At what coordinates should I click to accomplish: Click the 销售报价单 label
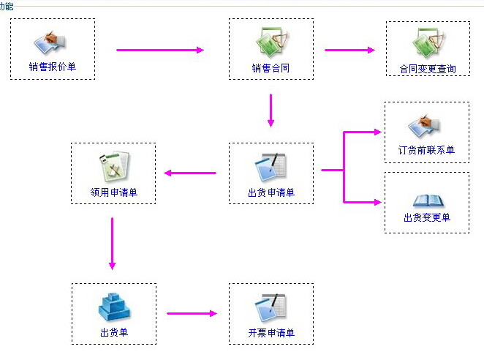[x=53, y=67]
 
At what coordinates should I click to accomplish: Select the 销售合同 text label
[x=271, y=69]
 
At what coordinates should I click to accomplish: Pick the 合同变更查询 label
[x=428, y=70]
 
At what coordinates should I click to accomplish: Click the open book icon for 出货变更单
[x=427, y=200]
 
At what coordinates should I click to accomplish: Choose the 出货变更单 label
[x=427, y=217]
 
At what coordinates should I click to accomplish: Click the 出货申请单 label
[x=271, y=192]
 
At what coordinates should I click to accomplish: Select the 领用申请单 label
[x=113, y=193]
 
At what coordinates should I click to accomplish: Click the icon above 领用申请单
[x=114, y=166]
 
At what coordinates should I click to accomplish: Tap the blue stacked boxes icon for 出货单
[x=113, y=307]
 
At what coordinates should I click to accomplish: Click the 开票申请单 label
[x=271, y=334]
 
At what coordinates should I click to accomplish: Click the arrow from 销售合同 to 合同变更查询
[x=349, y=50]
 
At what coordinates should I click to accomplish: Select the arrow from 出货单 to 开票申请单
[x=192, y=314]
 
